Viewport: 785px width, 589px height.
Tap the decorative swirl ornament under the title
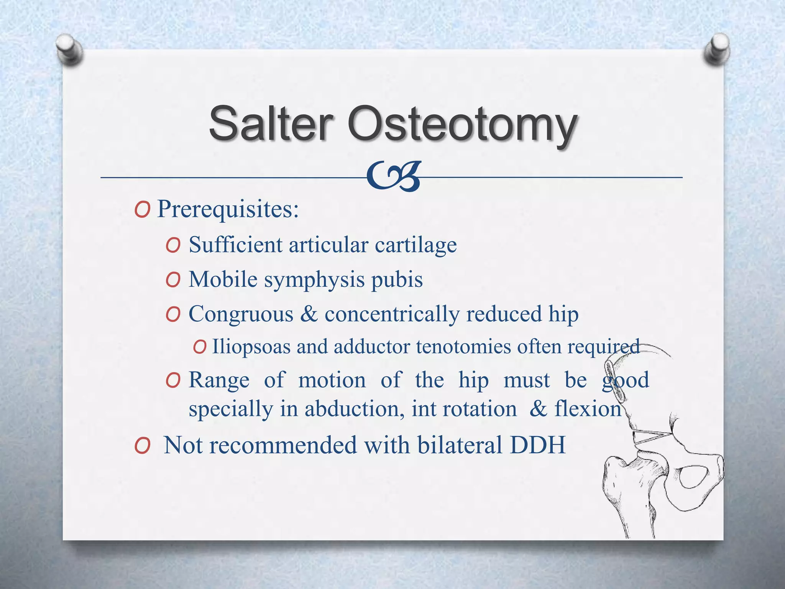click(393, 176)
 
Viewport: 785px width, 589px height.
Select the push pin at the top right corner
click(716, 48)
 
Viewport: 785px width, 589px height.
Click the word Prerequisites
click(228, 209)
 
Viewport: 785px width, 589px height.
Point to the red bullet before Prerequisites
click(142, 210)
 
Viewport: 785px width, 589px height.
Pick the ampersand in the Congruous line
click(309, 314)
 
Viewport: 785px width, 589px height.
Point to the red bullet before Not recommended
click(142, 446)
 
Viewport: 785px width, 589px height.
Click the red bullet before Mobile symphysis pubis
click(173, 280)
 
